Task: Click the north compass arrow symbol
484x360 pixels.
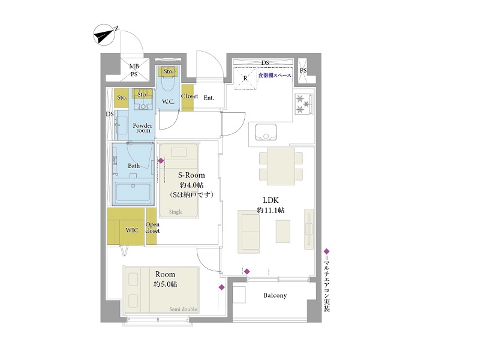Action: [x=104, y=35]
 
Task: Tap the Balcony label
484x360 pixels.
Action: [x=275, y=295]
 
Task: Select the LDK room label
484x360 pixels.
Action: [x=270, y=200]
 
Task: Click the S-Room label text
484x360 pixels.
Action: [x=191, y=175]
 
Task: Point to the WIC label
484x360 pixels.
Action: [x=132, y=230]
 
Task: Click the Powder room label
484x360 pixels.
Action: [x=143, y=128]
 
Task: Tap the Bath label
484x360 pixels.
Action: [x=134, y=166]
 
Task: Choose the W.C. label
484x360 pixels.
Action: [x=168, y=101]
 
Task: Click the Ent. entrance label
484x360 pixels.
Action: [x=209, y=98]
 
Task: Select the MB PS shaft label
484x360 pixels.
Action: [x=134, y=70]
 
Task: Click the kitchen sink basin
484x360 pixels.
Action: [x=266, y=132]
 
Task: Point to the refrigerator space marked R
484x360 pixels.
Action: [x=245, y=78]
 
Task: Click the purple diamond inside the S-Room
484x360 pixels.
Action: [x=161, y=161]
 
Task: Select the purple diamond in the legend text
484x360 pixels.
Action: [x=327, y=251]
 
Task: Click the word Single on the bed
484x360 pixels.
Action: [x=176, y=212]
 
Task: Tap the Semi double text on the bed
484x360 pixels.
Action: [x=183, y=309]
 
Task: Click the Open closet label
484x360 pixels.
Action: [x=152, y=227]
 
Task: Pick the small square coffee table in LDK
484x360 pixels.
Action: [x=282, y=231]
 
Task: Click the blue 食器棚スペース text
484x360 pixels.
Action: [x=275, y=75]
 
